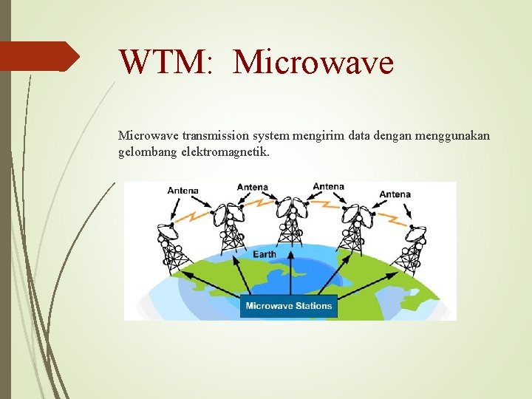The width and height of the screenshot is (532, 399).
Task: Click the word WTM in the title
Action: pos(165,62)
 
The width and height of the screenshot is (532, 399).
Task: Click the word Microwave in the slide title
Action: pos(313,62)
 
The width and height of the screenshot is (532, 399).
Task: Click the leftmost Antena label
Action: pos(183,191)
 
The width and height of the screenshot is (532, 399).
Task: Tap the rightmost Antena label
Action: pos(395,194)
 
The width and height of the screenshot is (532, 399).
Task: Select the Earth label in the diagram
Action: pos(264,254)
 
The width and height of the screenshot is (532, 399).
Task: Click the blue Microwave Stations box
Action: pos(290,306)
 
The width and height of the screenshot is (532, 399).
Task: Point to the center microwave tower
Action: pos(290,222)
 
